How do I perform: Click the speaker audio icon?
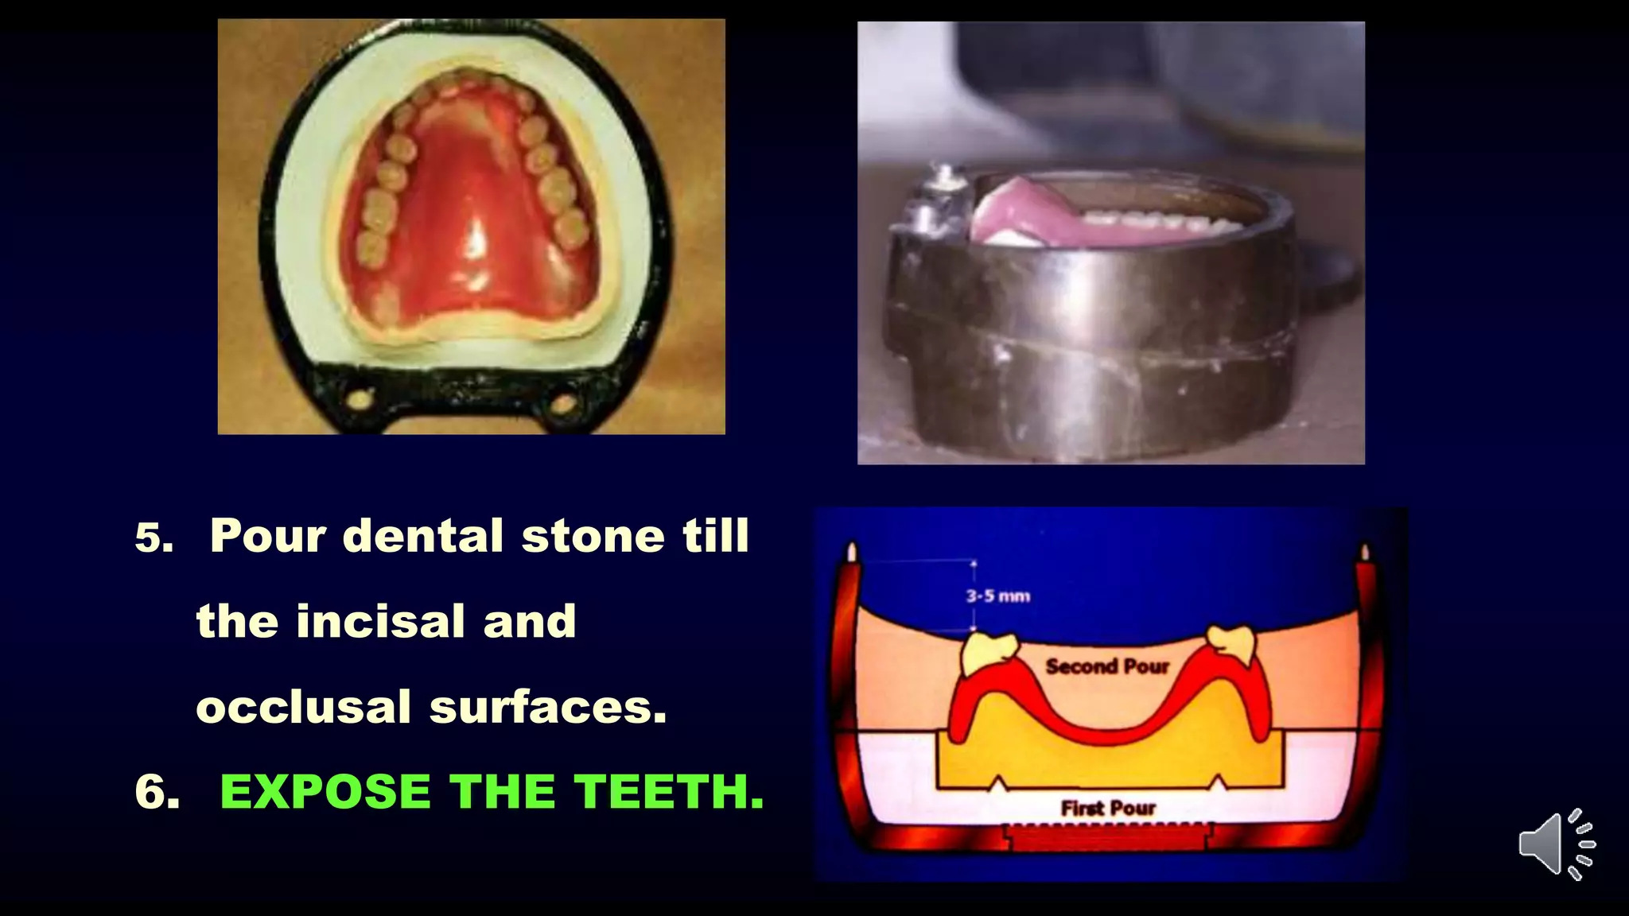1556,844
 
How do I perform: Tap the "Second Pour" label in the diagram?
1107,666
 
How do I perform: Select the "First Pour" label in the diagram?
1108,808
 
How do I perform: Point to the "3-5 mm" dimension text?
997,596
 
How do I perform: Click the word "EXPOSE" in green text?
325,792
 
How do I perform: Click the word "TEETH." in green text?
669,792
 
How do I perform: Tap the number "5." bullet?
154,538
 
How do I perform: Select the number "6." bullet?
157,793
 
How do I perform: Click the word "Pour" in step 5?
268,535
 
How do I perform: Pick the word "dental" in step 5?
423,535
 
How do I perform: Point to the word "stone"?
593,535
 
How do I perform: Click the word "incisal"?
380,621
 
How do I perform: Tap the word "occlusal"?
303,707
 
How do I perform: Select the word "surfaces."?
548,707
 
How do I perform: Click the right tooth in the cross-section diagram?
1231,642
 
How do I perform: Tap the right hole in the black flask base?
563,404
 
